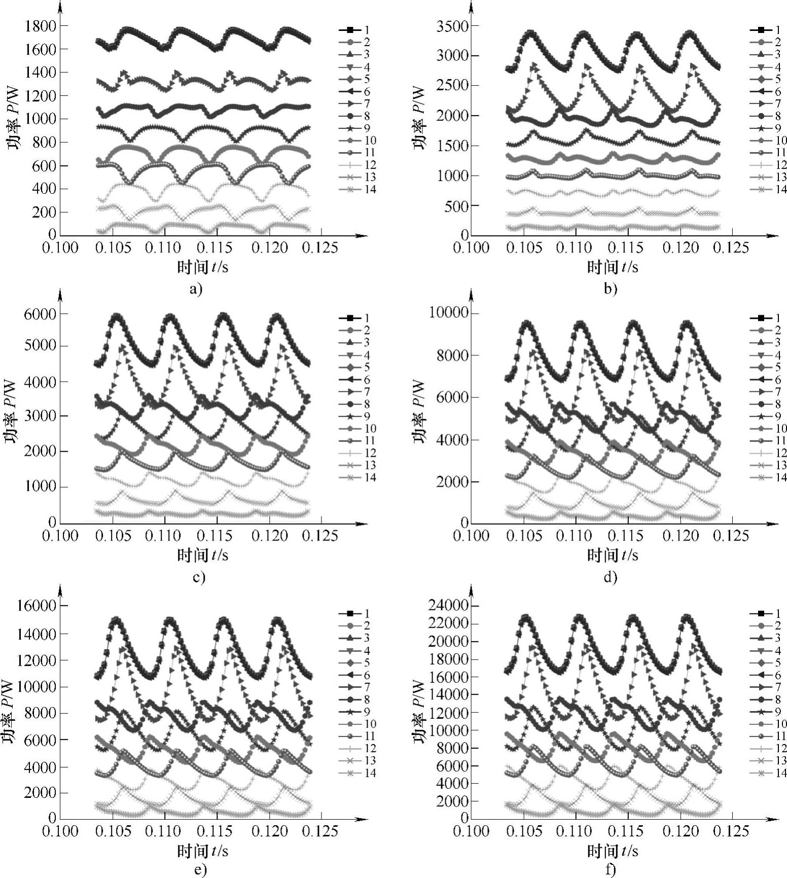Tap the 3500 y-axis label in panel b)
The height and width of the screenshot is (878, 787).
450,26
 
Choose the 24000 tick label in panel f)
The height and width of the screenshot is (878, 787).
446,606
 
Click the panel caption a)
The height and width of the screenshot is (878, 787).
195,289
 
